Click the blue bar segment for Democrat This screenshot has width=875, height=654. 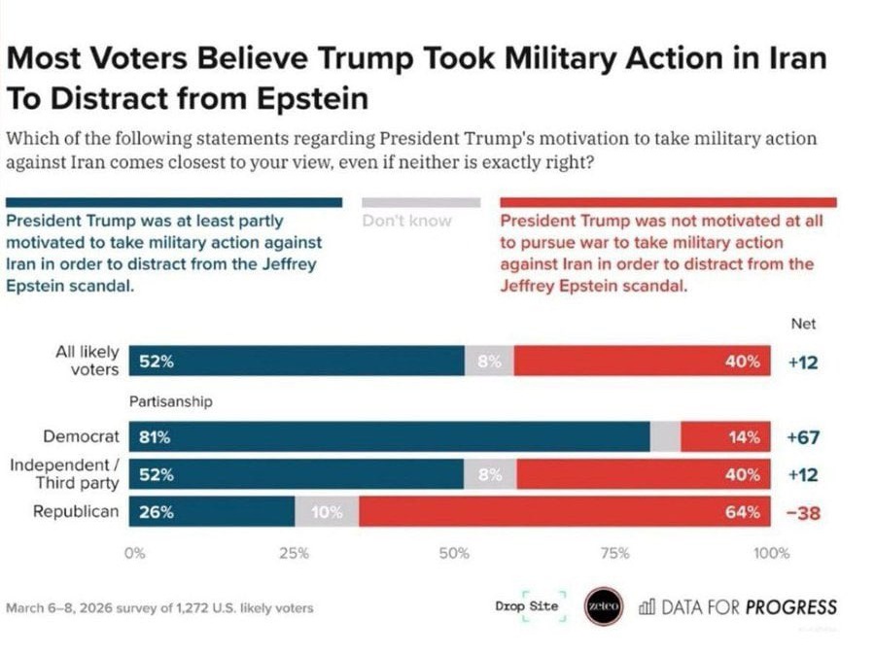389,437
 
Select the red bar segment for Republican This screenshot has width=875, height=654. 564,512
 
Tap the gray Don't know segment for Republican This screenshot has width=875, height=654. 326,512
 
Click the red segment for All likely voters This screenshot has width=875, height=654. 642,361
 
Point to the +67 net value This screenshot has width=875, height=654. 803,437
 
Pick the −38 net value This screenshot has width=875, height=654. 803,512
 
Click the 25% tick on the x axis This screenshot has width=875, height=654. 294,554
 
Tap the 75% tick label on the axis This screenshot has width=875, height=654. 613,554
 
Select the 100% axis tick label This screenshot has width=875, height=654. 772,554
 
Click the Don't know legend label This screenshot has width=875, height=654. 406,221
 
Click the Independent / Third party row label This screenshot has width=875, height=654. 64,473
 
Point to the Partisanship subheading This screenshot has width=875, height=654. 171,400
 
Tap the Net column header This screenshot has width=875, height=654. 803,325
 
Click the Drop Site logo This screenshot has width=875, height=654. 527,606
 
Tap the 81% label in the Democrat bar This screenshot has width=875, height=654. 156,437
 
